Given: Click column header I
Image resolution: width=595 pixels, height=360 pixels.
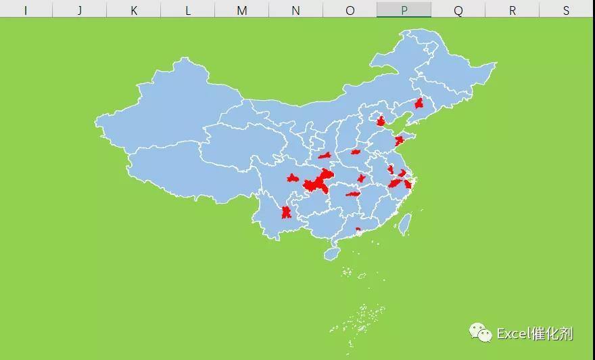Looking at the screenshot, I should coord(25,10).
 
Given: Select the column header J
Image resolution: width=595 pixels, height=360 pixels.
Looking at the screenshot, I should coord(79,10).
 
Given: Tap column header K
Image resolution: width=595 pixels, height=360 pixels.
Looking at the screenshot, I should coord(133,10).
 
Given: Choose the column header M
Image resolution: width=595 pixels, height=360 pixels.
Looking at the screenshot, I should coord(241,10).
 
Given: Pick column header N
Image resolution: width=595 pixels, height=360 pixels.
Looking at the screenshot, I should coord(295,10).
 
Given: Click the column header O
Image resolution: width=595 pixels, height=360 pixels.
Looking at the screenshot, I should coord(350,10).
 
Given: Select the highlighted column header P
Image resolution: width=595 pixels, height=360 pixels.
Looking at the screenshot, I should coord(404,10).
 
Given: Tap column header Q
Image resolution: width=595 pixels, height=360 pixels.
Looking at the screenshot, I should coord(458,10).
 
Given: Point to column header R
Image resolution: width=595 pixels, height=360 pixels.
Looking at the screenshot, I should coord(512,10).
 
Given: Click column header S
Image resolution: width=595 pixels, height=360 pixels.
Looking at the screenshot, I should coord(566,10).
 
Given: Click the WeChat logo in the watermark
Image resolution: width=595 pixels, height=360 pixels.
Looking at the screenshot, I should coord(481,332).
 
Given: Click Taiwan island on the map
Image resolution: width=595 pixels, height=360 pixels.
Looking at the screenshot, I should coord(404,224).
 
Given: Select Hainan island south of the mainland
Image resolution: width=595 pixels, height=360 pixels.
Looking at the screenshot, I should coord(331,254).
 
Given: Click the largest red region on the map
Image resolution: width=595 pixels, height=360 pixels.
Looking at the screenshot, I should coord(318,182).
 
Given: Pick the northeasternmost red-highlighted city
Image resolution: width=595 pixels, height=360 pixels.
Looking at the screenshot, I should coord(419,104).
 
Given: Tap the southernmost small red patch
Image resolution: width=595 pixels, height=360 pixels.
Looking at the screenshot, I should coord(358,229).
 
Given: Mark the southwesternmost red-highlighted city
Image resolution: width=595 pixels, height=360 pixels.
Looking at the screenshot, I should coord(286,212).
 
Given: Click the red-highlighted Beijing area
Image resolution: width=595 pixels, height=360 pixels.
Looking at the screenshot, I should coord(381,121).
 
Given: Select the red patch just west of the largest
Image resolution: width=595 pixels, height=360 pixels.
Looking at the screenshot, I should coord(292,179).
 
